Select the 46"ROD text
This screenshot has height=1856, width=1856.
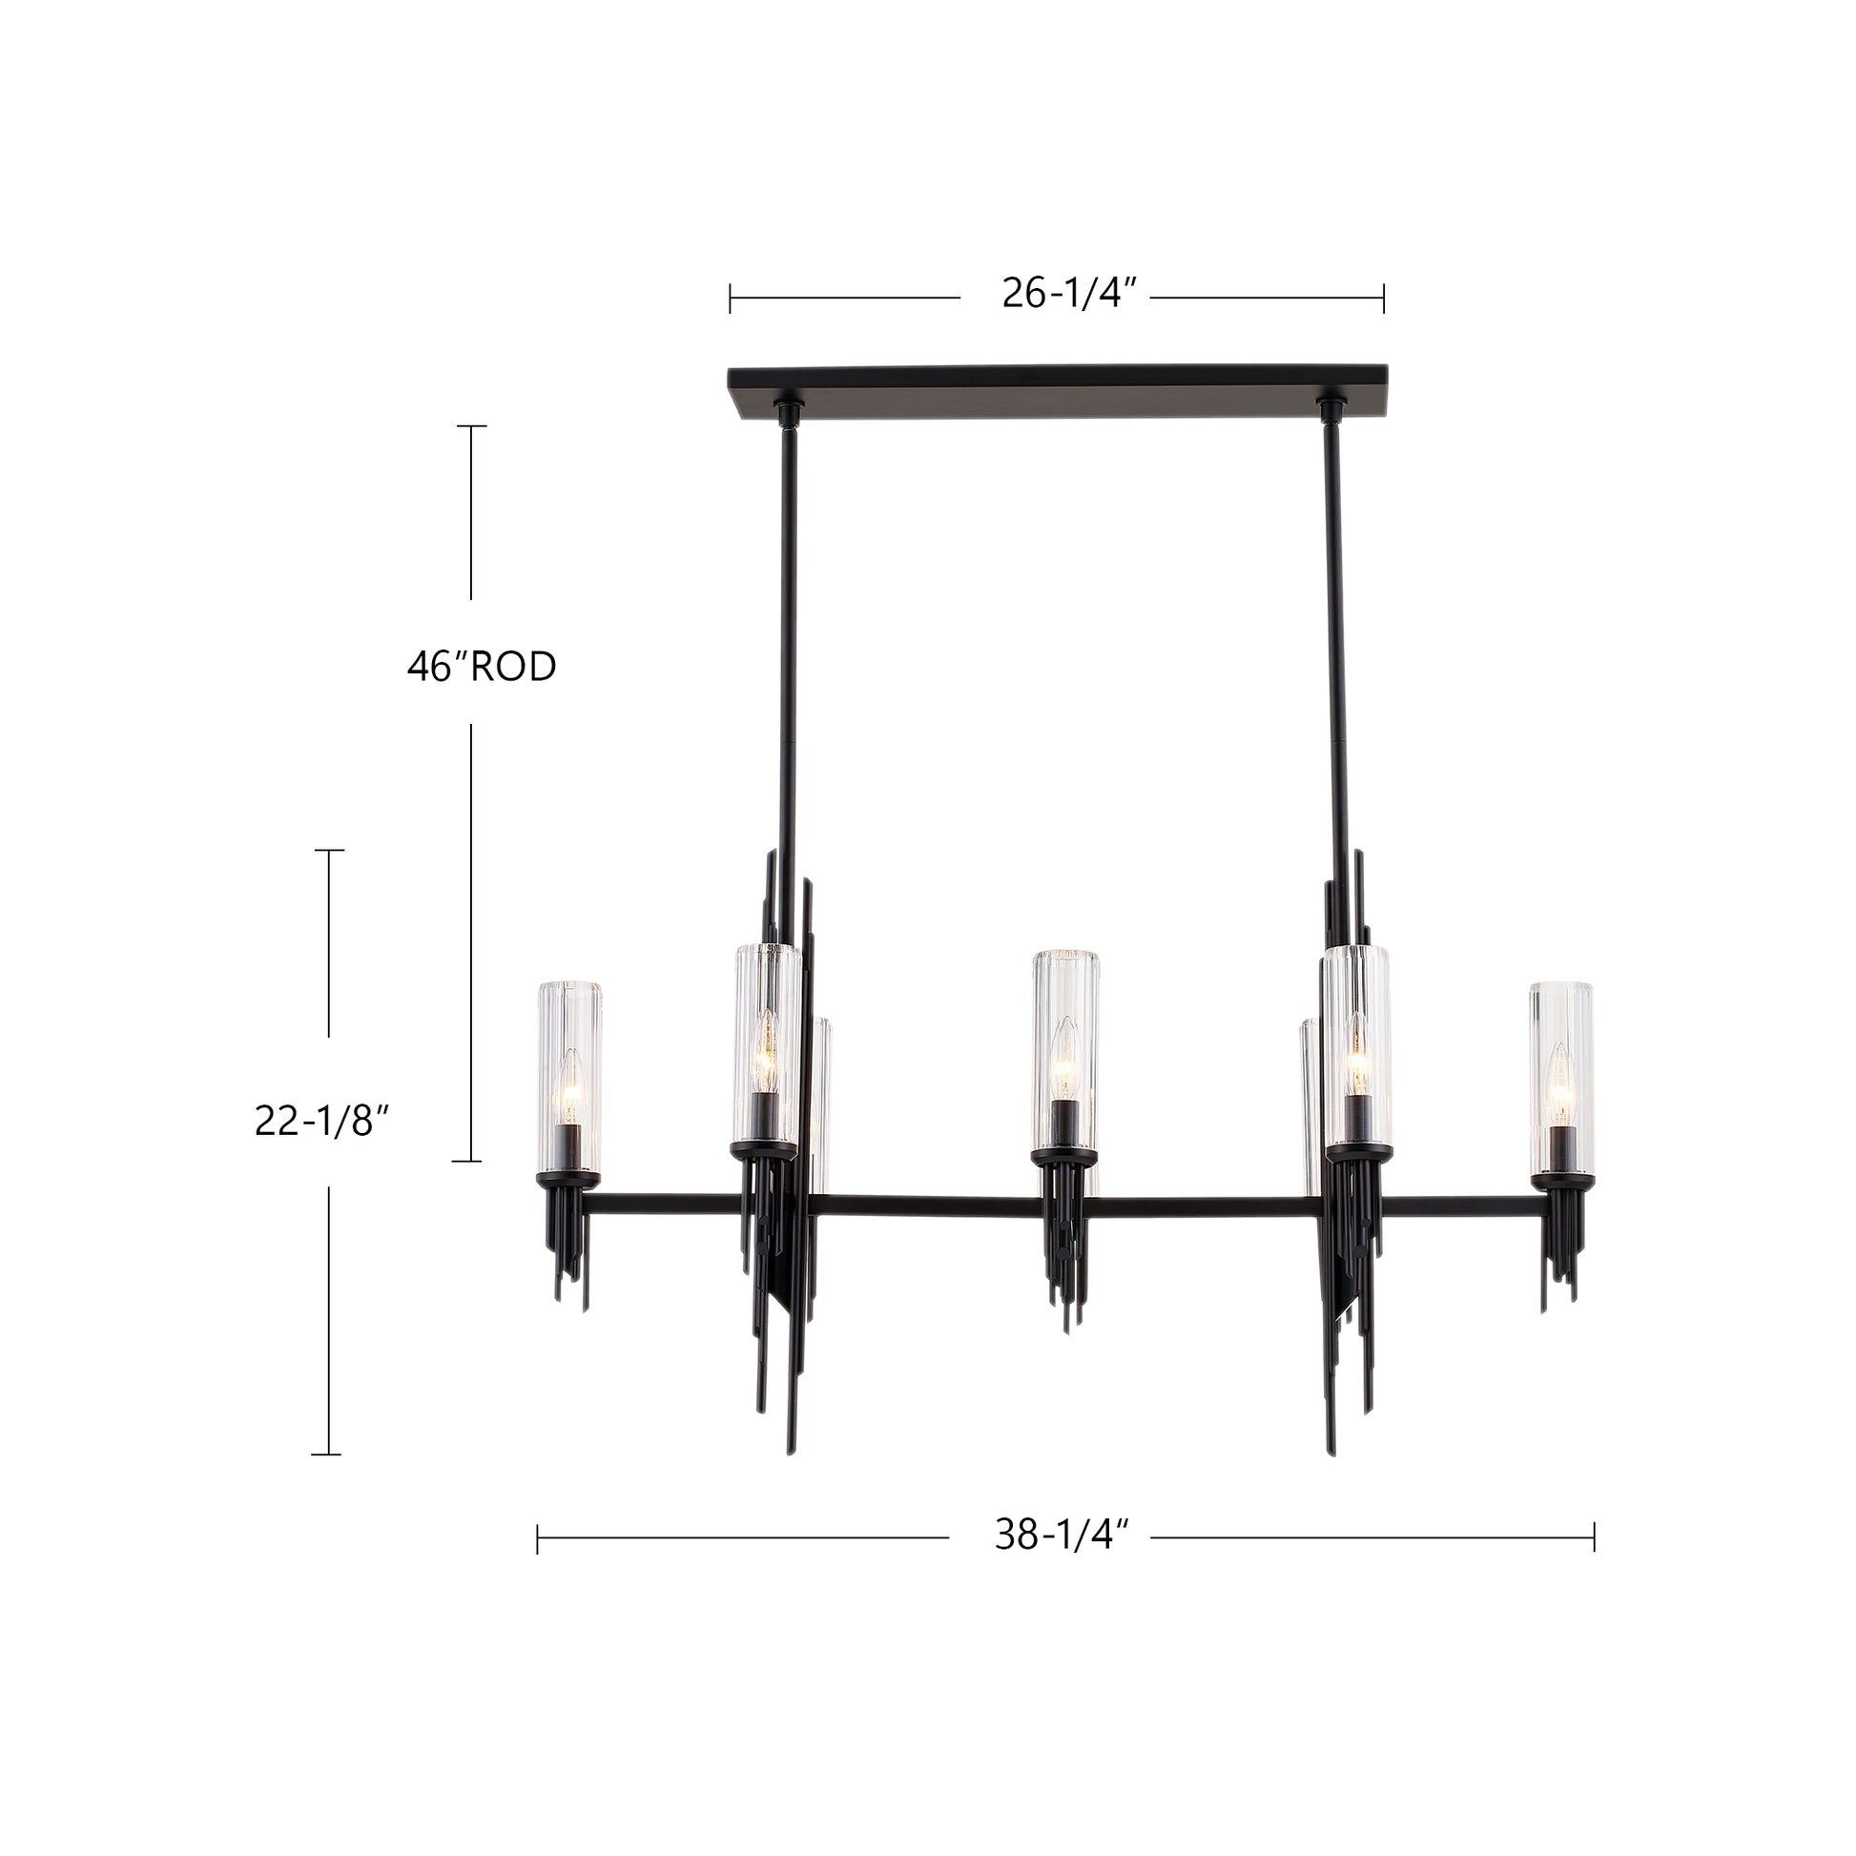[x=482, y=667]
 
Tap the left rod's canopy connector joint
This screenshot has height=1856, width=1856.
[x=787, y=416]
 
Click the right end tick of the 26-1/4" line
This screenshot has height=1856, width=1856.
[x=1383, y=299]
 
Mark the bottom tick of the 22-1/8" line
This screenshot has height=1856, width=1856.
[x=326, y=1454]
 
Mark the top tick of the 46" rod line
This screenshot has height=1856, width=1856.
[x=471, y=425]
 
